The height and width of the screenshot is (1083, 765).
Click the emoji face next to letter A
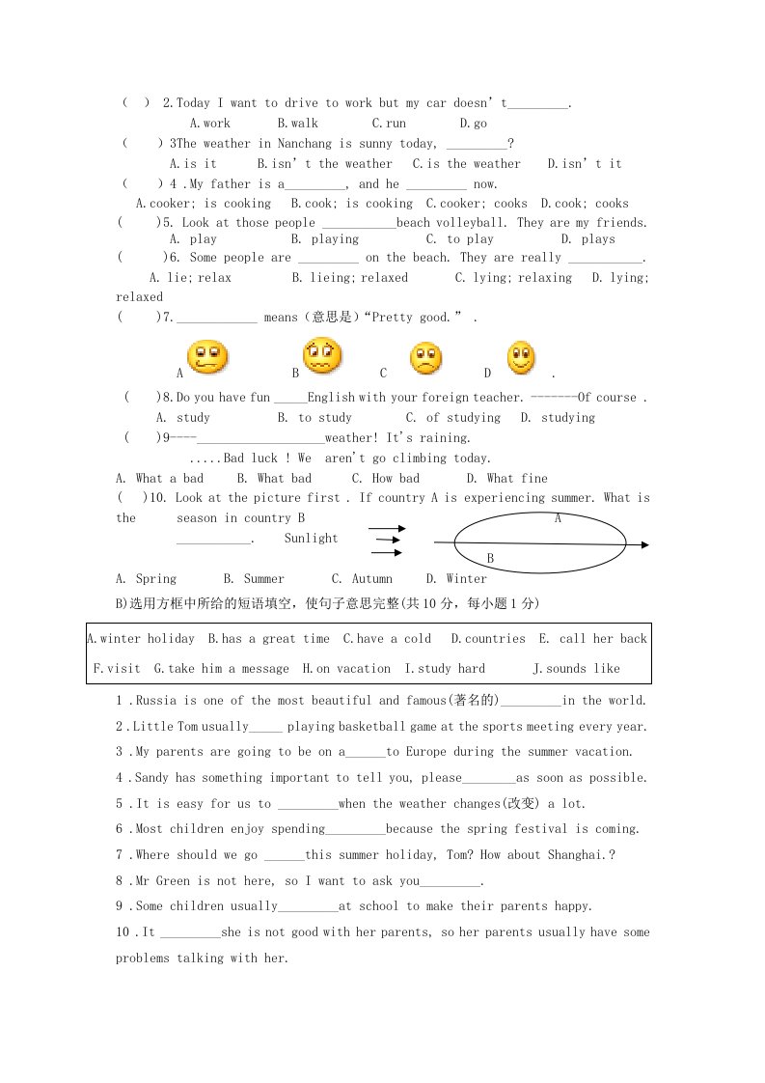[207, 357]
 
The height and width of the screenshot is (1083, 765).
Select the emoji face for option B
[322, 356]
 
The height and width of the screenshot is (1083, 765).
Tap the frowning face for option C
[424, 358]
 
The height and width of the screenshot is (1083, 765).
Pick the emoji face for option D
[521, 358]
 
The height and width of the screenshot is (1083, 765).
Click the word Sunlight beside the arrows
[311, 539]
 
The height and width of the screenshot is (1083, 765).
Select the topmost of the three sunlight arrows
[387, 529]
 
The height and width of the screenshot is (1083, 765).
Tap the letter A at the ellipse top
[558, 518]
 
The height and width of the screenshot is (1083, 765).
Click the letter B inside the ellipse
[490, 558]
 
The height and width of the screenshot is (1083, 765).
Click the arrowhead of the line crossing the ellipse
[643, 545]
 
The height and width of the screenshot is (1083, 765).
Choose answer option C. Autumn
[362, 579]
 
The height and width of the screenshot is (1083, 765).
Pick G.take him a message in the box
[221, 669]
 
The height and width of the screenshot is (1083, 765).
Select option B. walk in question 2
[297, 124]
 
